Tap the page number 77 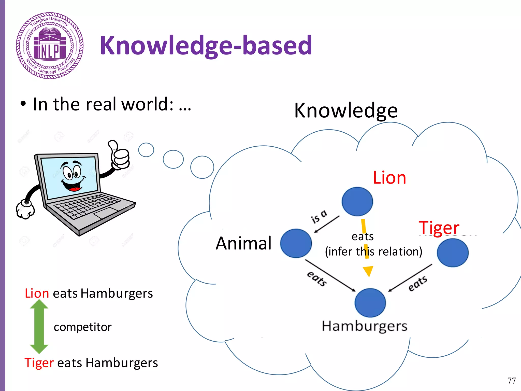click(x=511, y=381)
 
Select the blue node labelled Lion click(x=357, y=202)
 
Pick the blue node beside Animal click(x=296, y=243)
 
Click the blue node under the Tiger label click(x=453, y=253)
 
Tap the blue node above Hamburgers click(x=370, y=303)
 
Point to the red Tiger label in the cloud click(x=439, y=228)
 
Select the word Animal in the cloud click(x=243, y=243)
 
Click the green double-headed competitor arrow click(x=39, y=326)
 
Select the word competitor click(x=83, y=327)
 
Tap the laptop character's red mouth click(x=74, y=189)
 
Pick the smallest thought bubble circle click(x=146, y=150)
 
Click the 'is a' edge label click(x=319, y=217)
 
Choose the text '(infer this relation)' click(x=373, y=252)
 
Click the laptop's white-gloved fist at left click(x=25, y=210)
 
